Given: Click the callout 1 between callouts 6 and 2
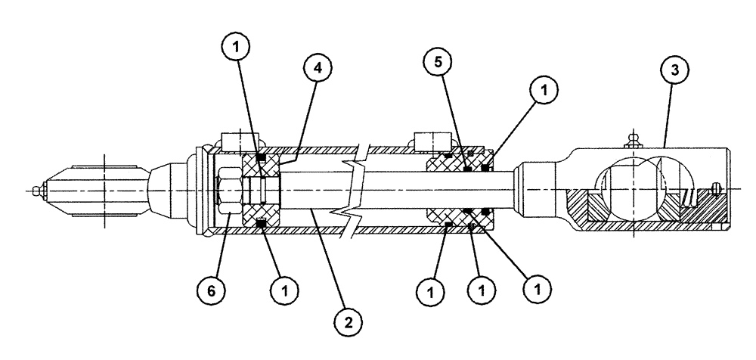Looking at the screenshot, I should pos(283,288).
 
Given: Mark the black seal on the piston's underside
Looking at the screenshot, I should pos(262,224).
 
